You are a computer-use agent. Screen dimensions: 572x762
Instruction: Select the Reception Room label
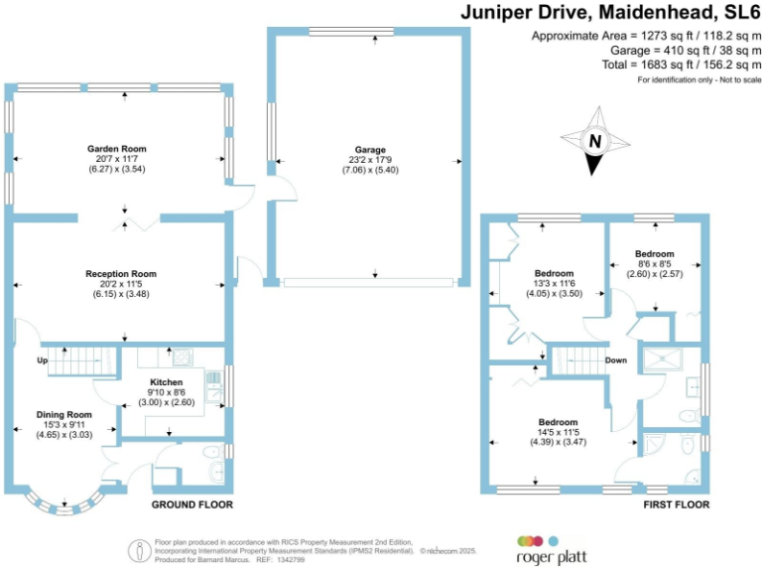(x=120, y=274)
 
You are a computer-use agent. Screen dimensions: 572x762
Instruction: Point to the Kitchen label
(x=166, y=381)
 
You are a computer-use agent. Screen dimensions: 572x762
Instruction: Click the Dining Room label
(x=64, y=414)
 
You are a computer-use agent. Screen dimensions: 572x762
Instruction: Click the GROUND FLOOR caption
(x=191, y=504)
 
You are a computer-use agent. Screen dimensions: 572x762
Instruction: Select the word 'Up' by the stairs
(x=43, y=359)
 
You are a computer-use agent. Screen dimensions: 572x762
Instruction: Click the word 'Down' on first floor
(x=615, y=359)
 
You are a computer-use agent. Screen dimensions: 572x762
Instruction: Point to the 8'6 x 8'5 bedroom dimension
(x=655, y=265)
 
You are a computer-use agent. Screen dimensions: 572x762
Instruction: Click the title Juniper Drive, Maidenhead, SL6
(x=609, y=13)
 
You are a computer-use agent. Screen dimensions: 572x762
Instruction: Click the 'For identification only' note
(x=698, y=78)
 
